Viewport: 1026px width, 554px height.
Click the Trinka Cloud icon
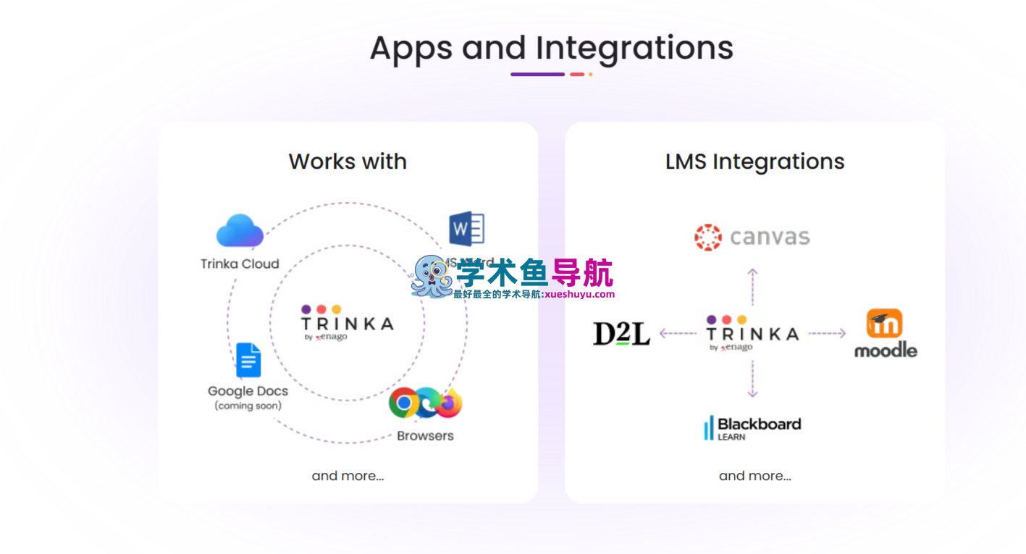pos(240,231)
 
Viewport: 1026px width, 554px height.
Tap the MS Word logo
pos(467,229)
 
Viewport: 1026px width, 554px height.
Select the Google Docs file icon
pos(248,360)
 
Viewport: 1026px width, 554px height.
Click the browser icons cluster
pos(425,403)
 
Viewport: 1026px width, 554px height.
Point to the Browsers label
pos(425,436)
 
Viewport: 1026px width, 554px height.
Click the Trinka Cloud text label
pos(240,264)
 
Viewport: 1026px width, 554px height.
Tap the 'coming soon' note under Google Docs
pos(248,406)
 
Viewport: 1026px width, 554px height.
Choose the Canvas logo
pos(752,238)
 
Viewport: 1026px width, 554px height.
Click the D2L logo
pos(621,333)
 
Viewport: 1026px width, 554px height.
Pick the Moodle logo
pos(885,334)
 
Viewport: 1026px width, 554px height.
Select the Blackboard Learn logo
pos(752,427)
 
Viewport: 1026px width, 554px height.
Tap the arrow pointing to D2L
pos(678,334)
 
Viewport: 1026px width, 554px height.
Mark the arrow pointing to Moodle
pos(827,334)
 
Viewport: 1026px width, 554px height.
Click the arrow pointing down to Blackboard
pos(752,379)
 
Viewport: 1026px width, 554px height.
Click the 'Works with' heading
pos(348,161)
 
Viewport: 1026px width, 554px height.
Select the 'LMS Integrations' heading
pos(754,161)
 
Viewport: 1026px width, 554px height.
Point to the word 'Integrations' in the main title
pos(634,48)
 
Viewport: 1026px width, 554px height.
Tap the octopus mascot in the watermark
pos(432,277)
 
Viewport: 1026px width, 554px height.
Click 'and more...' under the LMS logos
pos(754,476)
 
